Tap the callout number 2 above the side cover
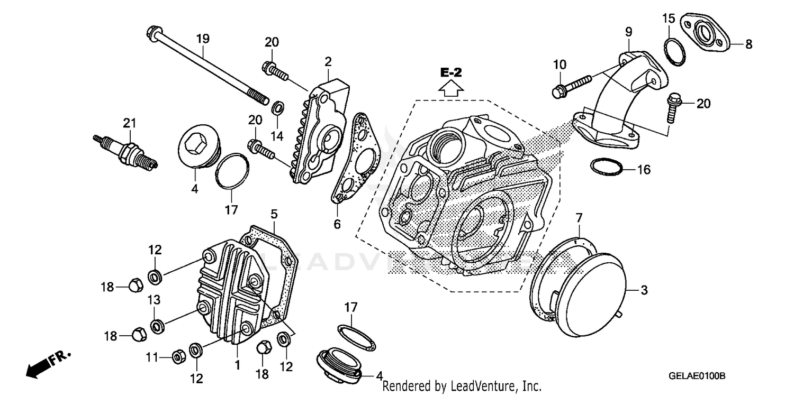coord(328,62)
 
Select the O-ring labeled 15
coord(674,52)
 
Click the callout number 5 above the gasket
coord(274,215)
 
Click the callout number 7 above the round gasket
coord(579,217)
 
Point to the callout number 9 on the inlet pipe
coord(628,33)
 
